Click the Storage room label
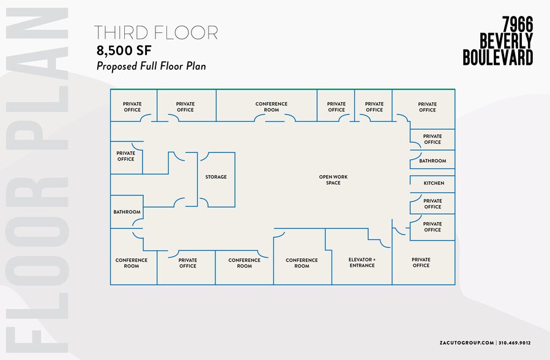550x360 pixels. [216, 177]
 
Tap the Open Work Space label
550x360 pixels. [333, 179]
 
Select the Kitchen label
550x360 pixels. [434, 183]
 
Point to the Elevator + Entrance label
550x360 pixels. [362, 263]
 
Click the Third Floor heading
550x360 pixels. [156, 32]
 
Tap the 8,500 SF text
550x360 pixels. [124, 51]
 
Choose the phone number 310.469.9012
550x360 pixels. [515, 343]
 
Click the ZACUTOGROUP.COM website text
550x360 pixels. [467, 343]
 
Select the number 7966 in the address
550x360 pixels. [518, 24]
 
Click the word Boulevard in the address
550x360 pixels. [498, 57]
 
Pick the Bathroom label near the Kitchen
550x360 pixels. [433, 160]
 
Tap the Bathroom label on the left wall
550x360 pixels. [127, 212]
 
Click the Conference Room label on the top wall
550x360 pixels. [271, 107]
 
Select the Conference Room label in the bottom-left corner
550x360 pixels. [131, 263]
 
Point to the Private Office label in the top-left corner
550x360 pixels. [132, 107]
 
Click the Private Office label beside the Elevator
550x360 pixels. [421, 263]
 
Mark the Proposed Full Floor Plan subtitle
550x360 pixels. [151, 66]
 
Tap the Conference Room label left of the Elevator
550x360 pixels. [302, 263]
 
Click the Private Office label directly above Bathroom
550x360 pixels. [432, 139]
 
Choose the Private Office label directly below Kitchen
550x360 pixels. [433, 204]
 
